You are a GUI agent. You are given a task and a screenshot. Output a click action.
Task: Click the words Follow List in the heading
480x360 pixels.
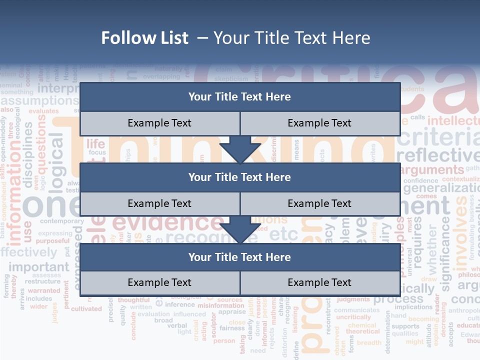tap(145, 38)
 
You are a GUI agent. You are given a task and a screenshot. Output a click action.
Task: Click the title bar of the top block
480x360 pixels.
tap(240, 97)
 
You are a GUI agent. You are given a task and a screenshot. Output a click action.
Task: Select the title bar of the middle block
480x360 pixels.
tap(240, 177)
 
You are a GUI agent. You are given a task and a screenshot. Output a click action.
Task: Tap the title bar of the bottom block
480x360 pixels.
tap(240, 257)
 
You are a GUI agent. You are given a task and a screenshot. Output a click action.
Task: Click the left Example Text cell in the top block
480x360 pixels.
tap(159, 123)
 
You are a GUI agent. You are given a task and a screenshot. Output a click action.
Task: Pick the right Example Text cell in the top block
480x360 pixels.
tap(320, 123)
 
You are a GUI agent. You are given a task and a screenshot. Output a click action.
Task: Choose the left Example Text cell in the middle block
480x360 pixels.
tap(159, 204)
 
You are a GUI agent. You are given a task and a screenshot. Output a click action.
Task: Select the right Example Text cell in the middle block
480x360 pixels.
tap(320, 204)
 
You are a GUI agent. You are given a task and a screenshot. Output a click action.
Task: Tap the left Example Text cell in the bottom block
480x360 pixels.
tap(159, 283)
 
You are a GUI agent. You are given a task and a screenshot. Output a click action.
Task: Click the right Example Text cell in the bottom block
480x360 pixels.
tap(320, 283)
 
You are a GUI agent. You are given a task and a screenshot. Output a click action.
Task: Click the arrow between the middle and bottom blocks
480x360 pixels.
tap(240, 230)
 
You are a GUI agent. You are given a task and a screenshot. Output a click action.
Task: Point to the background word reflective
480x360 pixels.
tap(437, 155)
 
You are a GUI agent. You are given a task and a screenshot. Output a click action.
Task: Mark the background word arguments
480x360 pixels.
tap(432, 170)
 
